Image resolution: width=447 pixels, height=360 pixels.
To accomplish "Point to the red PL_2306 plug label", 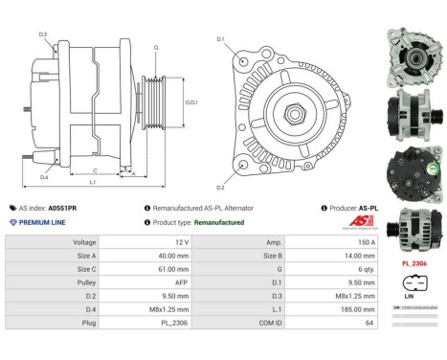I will tap(413, 261).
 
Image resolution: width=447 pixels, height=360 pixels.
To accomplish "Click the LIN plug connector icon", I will tap(413, 284).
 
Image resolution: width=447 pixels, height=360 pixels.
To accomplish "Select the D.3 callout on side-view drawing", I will tap(44, 34).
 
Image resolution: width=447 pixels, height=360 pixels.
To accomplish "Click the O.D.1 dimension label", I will tap(191, 102).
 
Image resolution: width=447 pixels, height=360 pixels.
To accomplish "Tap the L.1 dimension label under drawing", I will tap(93, 181).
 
